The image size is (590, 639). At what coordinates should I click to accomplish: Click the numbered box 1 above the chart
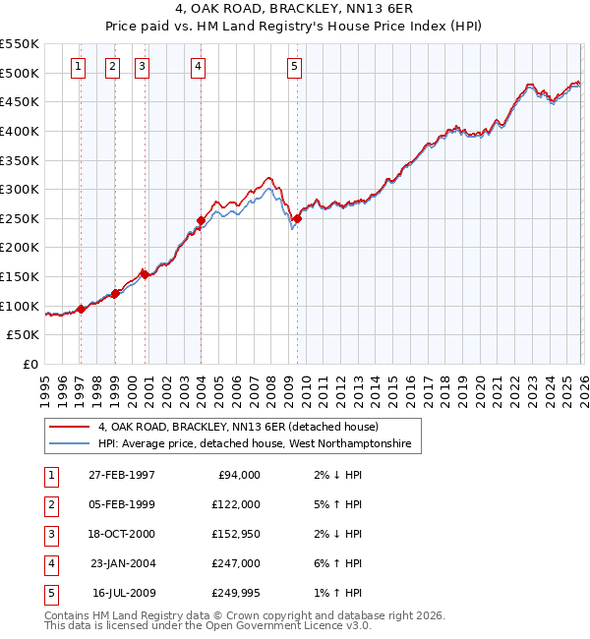[79, 67]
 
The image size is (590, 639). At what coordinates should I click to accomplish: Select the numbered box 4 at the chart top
[199, 67]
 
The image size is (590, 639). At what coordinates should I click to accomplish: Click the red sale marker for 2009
[296, 218]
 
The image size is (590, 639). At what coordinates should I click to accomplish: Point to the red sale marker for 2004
[201, 220]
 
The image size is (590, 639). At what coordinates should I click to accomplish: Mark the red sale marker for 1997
[81, 309]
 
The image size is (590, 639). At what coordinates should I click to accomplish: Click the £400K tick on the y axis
[20, 131]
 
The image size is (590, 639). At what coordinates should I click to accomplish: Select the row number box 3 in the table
[49, 534]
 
